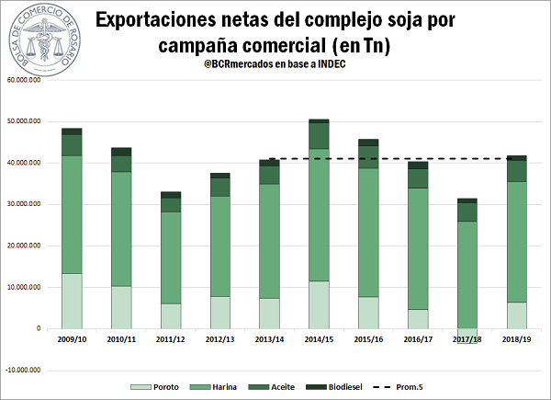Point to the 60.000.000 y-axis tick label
pyautogui.click(x=28, y=80)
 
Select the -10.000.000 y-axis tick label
pyautogui.click(x=28, y=370)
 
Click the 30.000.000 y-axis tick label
pyautogui.click(x=28, y=204)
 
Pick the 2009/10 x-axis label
pyautogui.click(x=71, y=340)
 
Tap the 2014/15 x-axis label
pyautogui.click(x=319, y=340)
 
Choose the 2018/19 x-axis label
pyautogui.click(x=517, y=340)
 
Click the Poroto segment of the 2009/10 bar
pyautogui.click(x=72, y=301)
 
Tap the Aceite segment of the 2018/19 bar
pyautogui.click(x=517, y=171)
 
